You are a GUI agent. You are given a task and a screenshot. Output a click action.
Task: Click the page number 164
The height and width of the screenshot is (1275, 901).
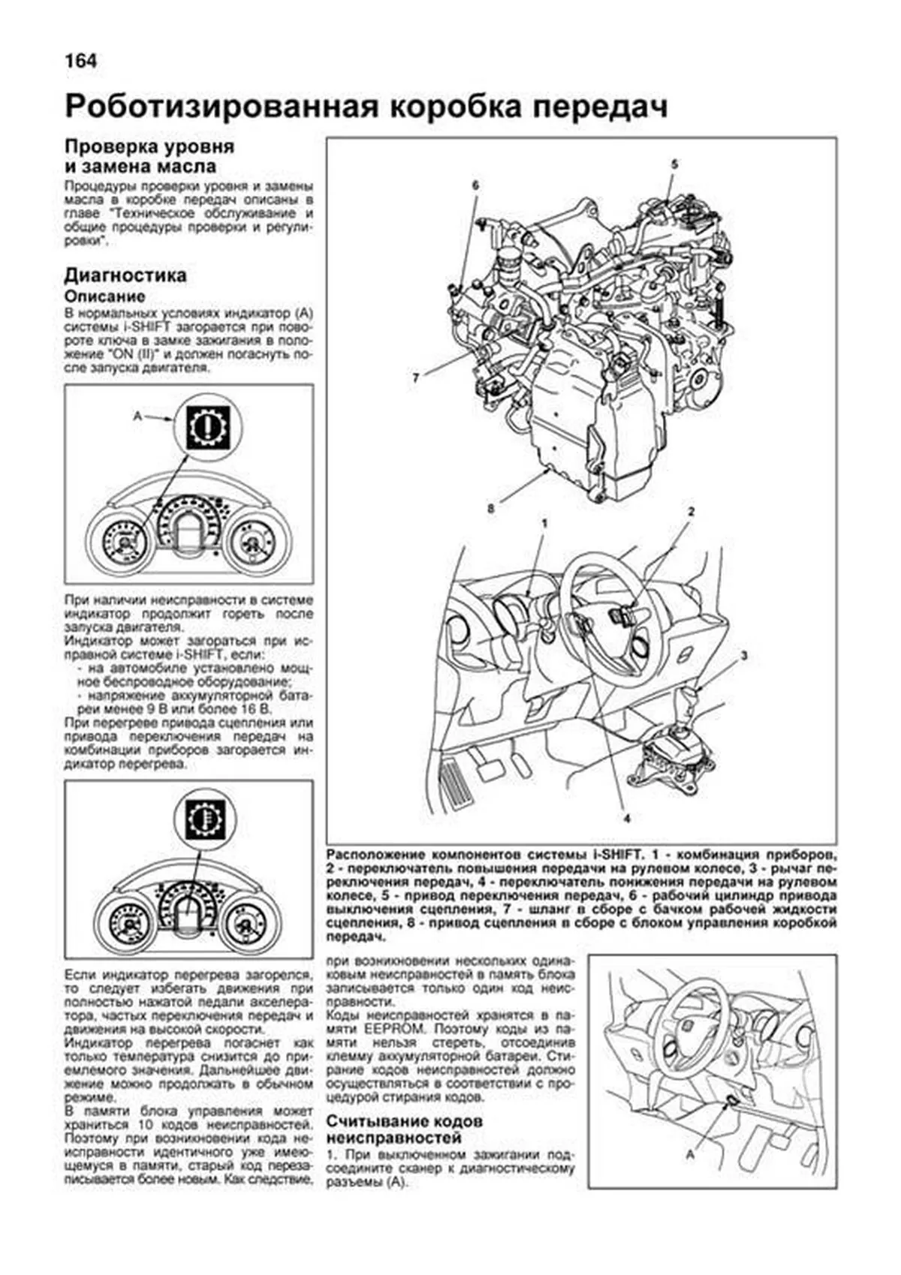click(81, 61)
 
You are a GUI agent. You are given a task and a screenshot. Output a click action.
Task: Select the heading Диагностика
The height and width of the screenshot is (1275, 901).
click(125, 275)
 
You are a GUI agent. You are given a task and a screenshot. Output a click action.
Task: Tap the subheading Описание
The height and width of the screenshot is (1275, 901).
click(104, 296)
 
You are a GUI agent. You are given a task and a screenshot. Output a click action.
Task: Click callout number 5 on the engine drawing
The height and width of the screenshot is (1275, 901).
click(673, 164)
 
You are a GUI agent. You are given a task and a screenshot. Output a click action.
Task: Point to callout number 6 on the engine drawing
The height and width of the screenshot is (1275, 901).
click(475, 185)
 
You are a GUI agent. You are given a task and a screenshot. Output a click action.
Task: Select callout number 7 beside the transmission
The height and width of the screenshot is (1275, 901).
click(415, 377)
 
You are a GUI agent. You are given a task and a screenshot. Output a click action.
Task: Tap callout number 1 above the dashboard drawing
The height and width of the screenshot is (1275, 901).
click(544, 522)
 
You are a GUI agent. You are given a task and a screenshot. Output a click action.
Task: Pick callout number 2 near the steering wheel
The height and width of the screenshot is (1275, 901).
click(691, 512)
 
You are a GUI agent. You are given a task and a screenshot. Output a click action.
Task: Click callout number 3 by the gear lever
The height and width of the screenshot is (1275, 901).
click(743, 656)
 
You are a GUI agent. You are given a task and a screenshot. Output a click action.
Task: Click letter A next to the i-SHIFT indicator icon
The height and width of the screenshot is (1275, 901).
click(137, 414)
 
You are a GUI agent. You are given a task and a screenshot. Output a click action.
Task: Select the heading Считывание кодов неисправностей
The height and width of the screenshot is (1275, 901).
click(404, 1129)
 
